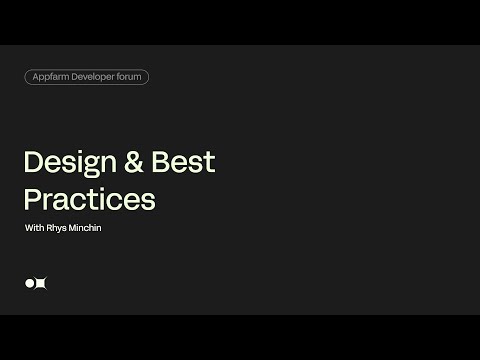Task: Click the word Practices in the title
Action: pyautogui.click(x=89, y=198)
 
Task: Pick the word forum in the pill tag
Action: pyautogui.click(x=134, y=77)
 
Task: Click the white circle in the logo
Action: pyautogui.click(x=30, y=284)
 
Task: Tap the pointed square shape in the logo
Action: pyautogui.click(x=42, y=284)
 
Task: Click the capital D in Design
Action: pyautogui.click(x=32, y=163)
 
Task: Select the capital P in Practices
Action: pyautogui.click(x=31, y=198)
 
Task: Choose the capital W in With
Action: pyautogui.click(x=29, y=229)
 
